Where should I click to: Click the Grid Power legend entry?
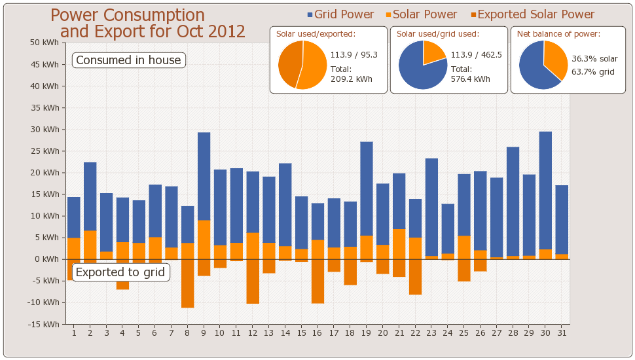(340, 14)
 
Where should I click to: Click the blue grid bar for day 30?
(545, 190)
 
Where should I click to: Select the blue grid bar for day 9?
(204, 176)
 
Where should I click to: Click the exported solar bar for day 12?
(253, 281)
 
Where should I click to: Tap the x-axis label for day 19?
(367, 333)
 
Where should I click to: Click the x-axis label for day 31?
(562, 333)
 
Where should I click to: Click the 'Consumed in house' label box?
(128, 60)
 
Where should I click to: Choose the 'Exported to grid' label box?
(120, 272)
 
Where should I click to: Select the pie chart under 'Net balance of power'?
(543, 65)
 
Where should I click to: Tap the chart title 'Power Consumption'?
(128, 16)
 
